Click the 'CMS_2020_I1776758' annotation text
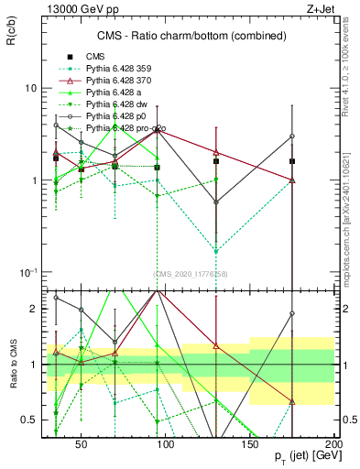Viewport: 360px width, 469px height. pyautogui.click(x=190, y=274)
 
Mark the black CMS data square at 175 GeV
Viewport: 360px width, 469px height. pyautogui.click(x=292, y=161)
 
